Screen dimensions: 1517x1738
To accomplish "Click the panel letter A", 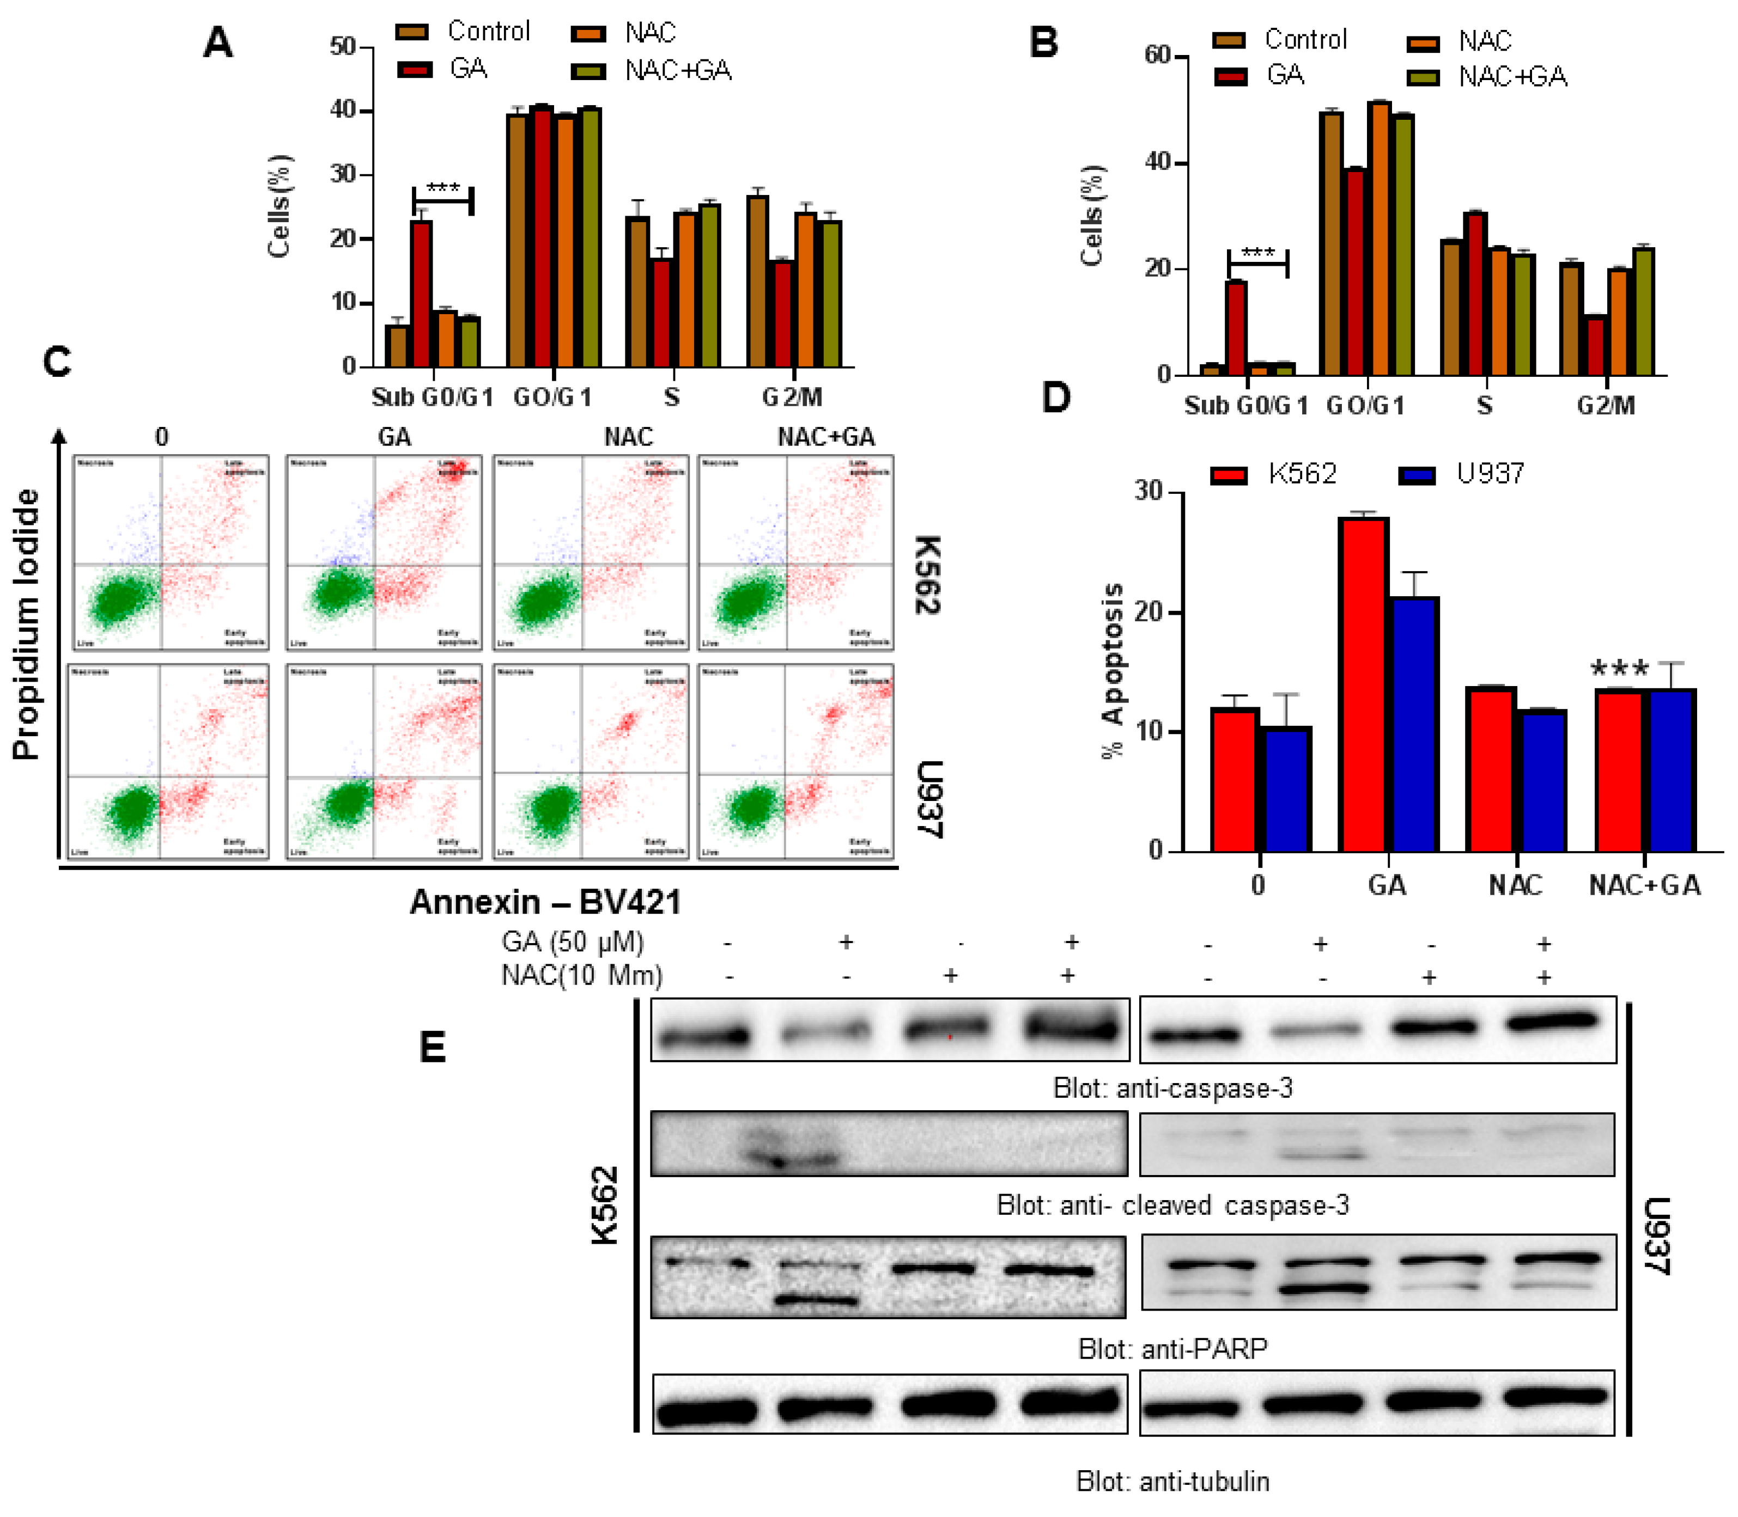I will pos(218,42).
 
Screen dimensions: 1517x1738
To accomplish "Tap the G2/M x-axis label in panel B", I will pos(1605,406).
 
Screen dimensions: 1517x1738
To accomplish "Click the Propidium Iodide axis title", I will pos(27,625).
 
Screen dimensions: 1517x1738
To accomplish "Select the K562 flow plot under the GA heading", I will pos(384,553).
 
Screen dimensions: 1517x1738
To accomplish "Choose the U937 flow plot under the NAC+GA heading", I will pos(795,761).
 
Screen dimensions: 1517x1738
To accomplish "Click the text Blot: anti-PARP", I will pos(1172,1349).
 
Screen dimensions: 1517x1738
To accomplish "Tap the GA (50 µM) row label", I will pos(573,942).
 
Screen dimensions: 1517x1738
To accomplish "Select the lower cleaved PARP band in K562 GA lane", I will pos(817,1299).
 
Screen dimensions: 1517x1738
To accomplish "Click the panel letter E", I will pos(433,1048).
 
